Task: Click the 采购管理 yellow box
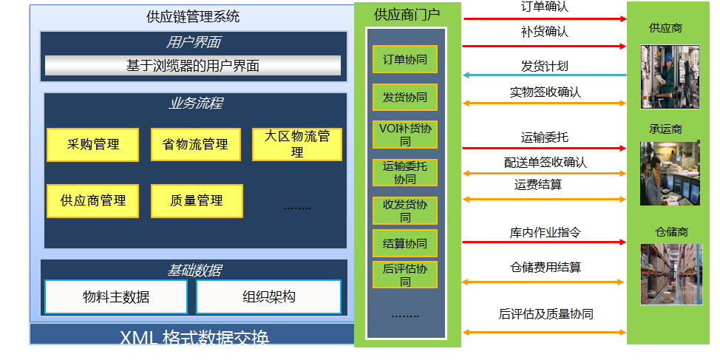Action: coord(92,145)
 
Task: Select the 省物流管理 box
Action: coord(195,145)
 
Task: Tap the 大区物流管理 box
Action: coord(297,144)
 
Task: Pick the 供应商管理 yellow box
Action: coord(92,200)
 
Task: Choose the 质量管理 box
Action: coord(195,200)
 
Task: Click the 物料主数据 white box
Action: coord(116,297)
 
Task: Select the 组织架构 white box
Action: coord(268,297)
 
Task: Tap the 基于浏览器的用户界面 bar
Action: coord(193,66)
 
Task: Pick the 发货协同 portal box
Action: coord(404,98)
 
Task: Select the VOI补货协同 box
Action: coord(404,135)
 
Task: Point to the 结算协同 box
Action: coord(404,243)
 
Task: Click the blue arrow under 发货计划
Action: coord(544,75)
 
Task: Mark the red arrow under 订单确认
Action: coord(544,18)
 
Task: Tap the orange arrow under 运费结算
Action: coord(544,199)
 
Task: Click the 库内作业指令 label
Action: coord(545,232)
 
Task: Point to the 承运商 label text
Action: coord(665,129)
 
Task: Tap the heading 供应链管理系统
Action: coord(193,16)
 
